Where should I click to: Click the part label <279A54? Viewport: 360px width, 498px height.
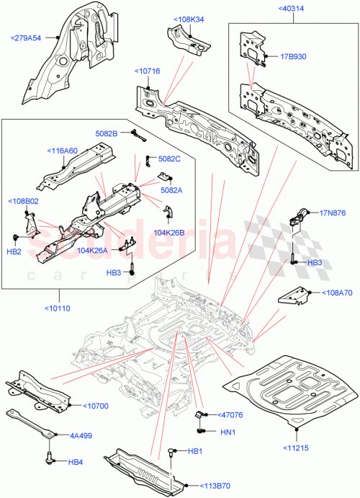(26, 38)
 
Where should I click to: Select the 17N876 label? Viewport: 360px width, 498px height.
(333, 213)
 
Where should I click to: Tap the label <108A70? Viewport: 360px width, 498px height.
(333, 293)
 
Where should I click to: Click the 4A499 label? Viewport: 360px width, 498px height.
(81, 435)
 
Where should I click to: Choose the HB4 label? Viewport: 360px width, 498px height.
(76, 462)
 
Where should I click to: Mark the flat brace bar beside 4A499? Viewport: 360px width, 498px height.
(32, 423)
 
